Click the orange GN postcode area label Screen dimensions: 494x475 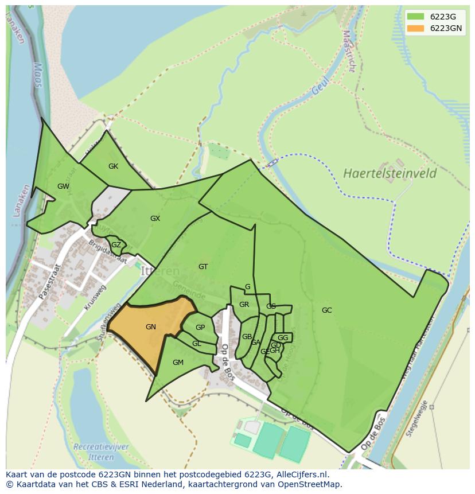(x=151, y=327)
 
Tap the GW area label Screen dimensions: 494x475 (x=63, y=186)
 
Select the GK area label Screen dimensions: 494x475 (x=113, y=166)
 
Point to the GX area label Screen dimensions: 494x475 (x=155, y=219)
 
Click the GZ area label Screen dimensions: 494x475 (x=116, y=245)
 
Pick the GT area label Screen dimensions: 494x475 (x=203, y=267)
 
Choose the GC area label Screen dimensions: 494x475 (x=326, y=310)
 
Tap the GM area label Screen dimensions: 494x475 (x=178, y=362)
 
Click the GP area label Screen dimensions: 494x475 (x=200, y=328)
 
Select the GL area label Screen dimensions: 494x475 (x=197, y=344)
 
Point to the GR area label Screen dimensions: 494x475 (x=244, y=305)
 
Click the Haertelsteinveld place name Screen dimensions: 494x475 (x=390, y=173)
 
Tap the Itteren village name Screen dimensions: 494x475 (x=160, y=271)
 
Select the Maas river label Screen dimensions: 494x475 (x=38, y=75)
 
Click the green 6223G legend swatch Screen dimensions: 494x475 (x=416, y=17)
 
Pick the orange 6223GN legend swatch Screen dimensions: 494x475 (x=416, y=28)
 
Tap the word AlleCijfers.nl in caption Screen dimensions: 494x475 (x=301, y=474)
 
